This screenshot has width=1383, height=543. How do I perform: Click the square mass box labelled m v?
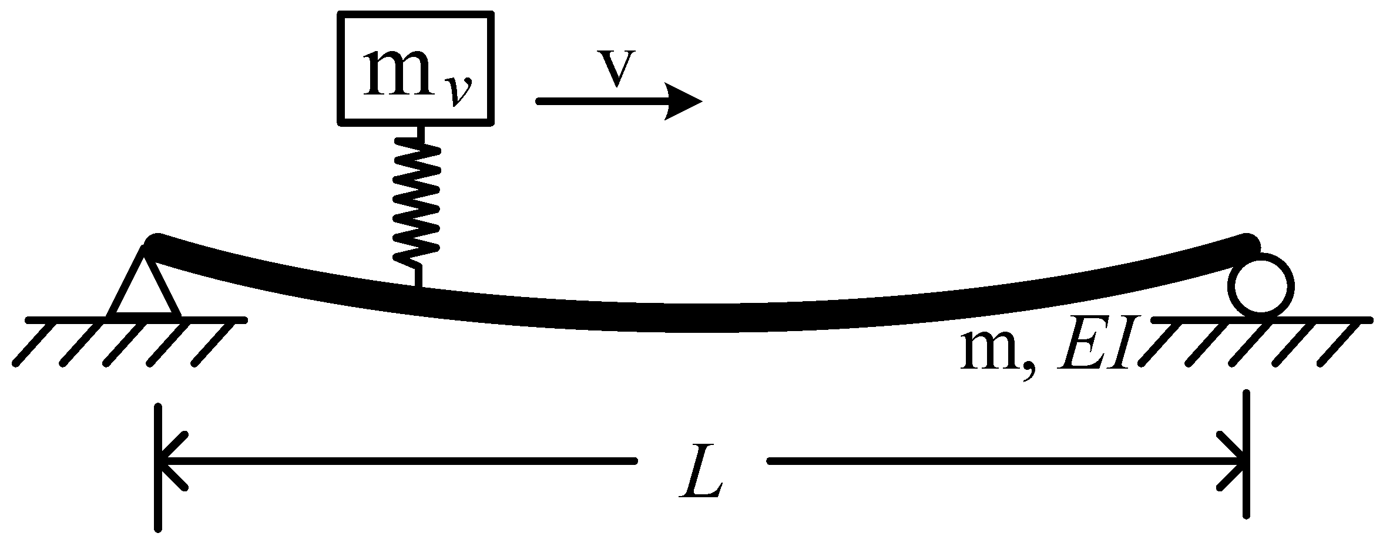415,68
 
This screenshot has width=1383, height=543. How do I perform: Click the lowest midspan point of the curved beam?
699,323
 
